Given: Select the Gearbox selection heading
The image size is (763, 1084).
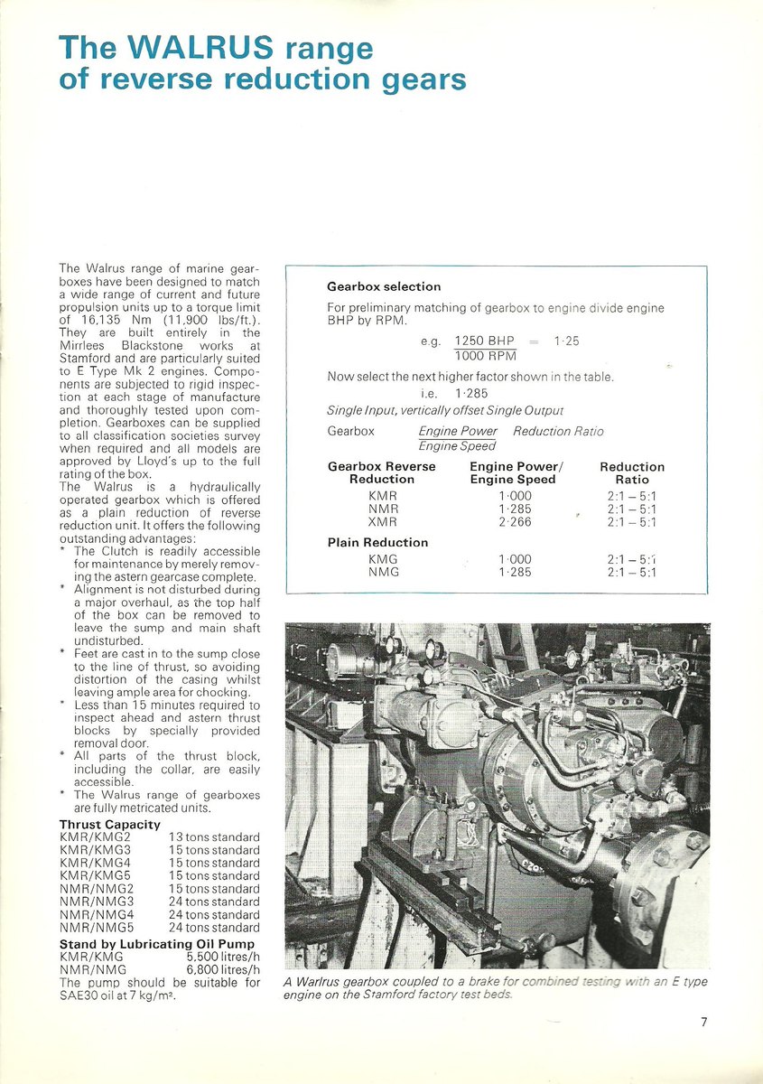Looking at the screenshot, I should (x=383, y=286).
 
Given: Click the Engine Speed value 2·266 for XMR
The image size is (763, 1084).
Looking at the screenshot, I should (x=515, y=521).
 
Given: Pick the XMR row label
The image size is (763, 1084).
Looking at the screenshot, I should (x=383, y=521).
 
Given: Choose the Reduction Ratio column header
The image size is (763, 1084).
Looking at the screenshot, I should (x=632, y=472).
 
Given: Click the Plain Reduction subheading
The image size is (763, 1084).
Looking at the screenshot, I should (x=377, y=542).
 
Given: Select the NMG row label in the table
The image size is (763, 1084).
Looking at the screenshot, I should (x=383, y=572).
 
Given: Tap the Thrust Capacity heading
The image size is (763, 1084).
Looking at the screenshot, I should (x=109, y=824).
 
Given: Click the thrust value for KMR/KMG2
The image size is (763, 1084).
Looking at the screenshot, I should (x=214, y=837).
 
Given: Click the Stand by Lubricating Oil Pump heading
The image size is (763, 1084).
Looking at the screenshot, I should (x=142, y=944).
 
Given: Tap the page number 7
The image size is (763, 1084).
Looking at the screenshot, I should (x=703, y=1022).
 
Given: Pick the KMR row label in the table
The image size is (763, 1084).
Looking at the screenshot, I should (x=383, y=496).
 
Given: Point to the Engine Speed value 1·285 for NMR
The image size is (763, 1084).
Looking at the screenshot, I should (x=515, y=509).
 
